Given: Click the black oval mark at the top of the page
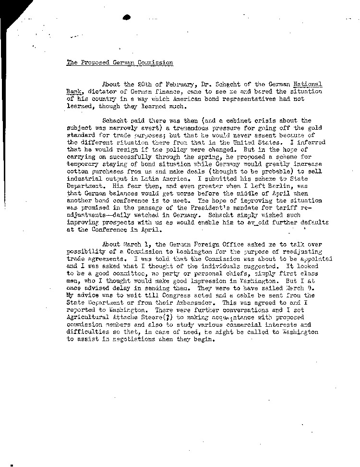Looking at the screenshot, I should pos(126,17).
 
